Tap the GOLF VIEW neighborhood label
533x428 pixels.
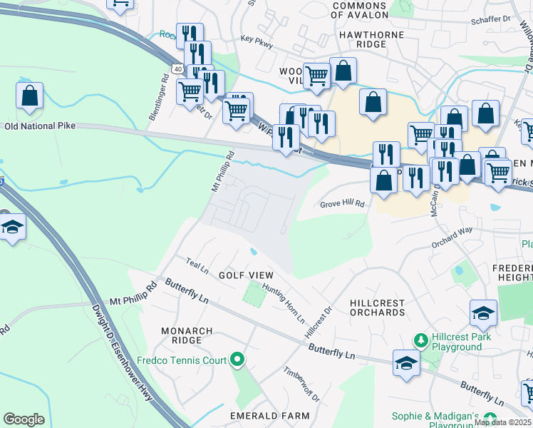pyautogui.click(x=245, y=275)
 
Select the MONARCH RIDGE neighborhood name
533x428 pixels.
pyautogui.click(x=187, y=336)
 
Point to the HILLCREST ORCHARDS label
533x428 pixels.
pyautogui.click(x=377, y=308)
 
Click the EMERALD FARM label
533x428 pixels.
pyautogui.click(x=269, y=415)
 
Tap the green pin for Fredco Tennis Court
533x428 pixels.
pyautogui.click(x=237, y=360)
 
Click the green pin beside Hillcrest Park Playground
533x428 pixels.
pyautogui.click(x=422, y=340)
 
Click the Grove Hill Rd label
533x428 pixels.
pyautogui.click(x=342, y=203)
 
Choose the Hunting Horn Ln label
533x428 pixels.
pyautogui.click(x=283, y=303)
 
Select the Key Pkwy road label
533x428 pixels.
pyautogui.click(x=257, y=44)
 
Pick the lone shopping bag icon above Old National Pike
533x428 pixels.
pyautogui.click(x=30, y=96)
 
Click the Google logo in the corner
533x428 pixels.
pyautogui.click(x=24, y=419)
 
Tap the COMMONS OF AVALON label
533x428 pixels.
pyautogui.click(x=361, y=9)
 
